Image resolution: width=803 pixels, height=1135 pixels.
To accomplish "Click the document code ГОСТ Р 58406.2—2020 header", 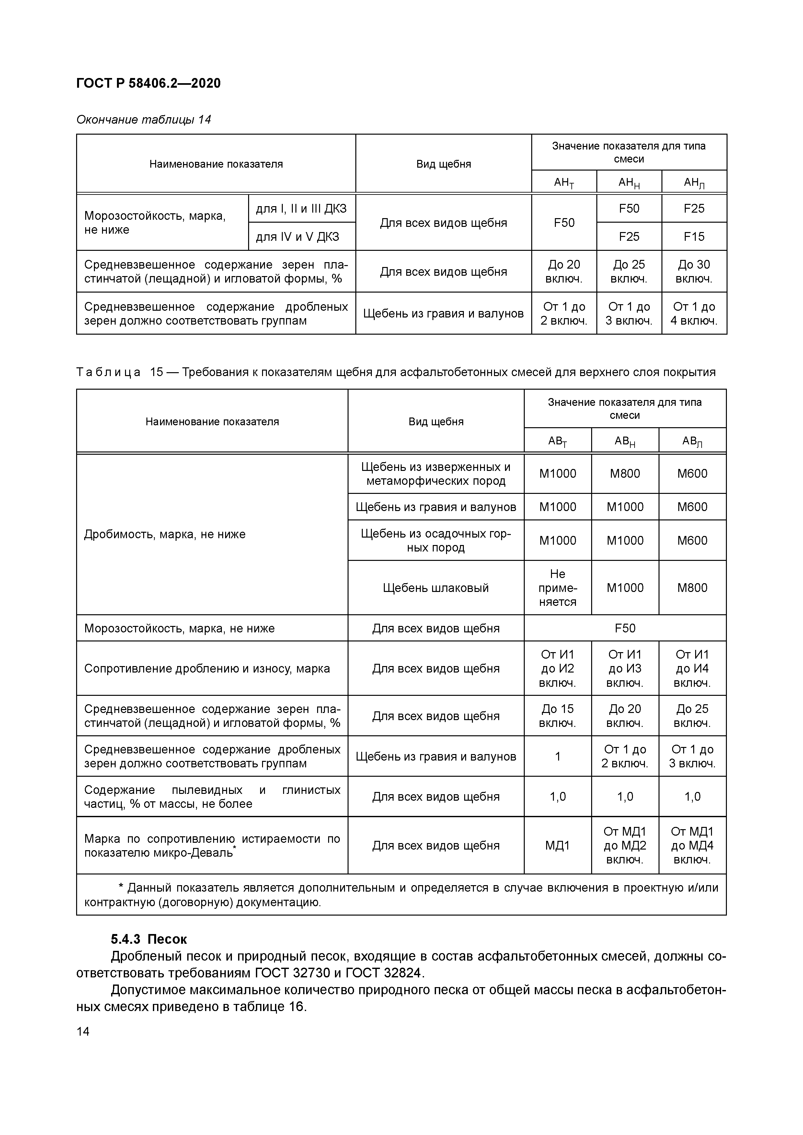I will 148,83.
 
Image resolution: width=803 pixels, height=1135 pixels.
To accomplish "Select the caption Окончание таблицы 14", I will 143,120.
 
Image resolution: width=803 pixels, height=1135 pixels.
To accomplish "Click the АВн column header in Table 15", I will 625,441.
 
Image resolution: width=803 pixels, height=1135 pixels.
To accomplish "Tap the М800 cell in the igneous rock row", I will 625,473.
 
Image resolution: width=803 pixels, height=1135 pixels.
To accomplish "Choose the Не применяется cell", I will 557,588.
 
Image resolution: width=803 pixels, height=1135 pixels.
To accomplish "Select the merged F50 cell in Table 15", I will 625,628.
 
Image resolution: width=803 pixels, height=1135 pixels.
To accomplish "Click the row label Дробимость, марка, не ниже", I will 165,534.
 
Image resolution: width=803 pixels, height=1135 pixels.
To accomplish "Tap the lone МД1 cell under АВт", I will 557,845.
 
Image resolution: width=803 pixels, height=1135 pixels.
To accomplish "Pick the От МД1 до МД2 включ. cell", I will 625,845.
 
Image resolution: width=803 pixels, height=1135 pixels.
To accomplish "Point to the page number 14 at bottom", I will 83,1032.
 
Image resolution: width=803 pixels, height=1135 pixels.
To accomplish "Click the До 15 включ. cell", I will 557,716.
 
